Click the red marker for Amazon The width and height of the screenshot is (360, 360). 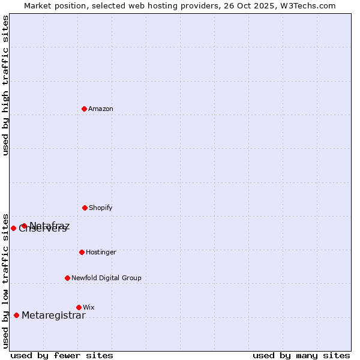(85, 109)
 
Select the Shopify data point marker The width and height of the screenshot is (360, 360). (85, 208)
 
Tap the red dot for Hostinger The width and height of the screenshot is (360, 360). (82, 252)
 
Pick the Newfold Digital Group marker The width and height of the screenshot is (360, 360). (68, 278)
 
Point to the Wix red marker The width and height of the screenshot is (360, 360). (79, 307)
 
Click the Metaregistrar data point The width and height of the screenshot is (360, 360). (17, 315)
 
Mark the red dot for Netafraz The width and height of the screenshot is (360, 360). (24, 226)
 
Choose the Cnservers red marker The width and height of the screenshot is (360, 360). (14, 228)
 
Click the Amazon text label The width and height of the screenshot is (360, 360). (101, 109)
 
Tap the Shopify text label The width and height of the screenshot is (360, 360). (101, 208)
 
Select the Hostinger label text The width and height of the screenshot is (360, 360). (101, 253)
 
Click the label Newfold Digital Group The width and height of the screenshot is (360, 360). (106, 278)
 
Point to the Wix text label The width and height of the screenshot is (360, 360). (89, 308)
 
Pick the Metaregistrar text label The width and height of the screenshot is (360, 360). (53, 316)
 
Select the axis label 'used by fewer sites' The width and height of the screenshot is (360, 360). (62, 355)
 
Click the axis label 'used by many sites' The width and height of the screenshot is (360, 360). (301, 355)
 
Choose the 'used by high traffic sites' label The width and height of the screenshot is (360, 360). (5, 85)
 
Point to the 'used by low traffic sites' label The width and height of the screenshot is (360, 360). (5, 280)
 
